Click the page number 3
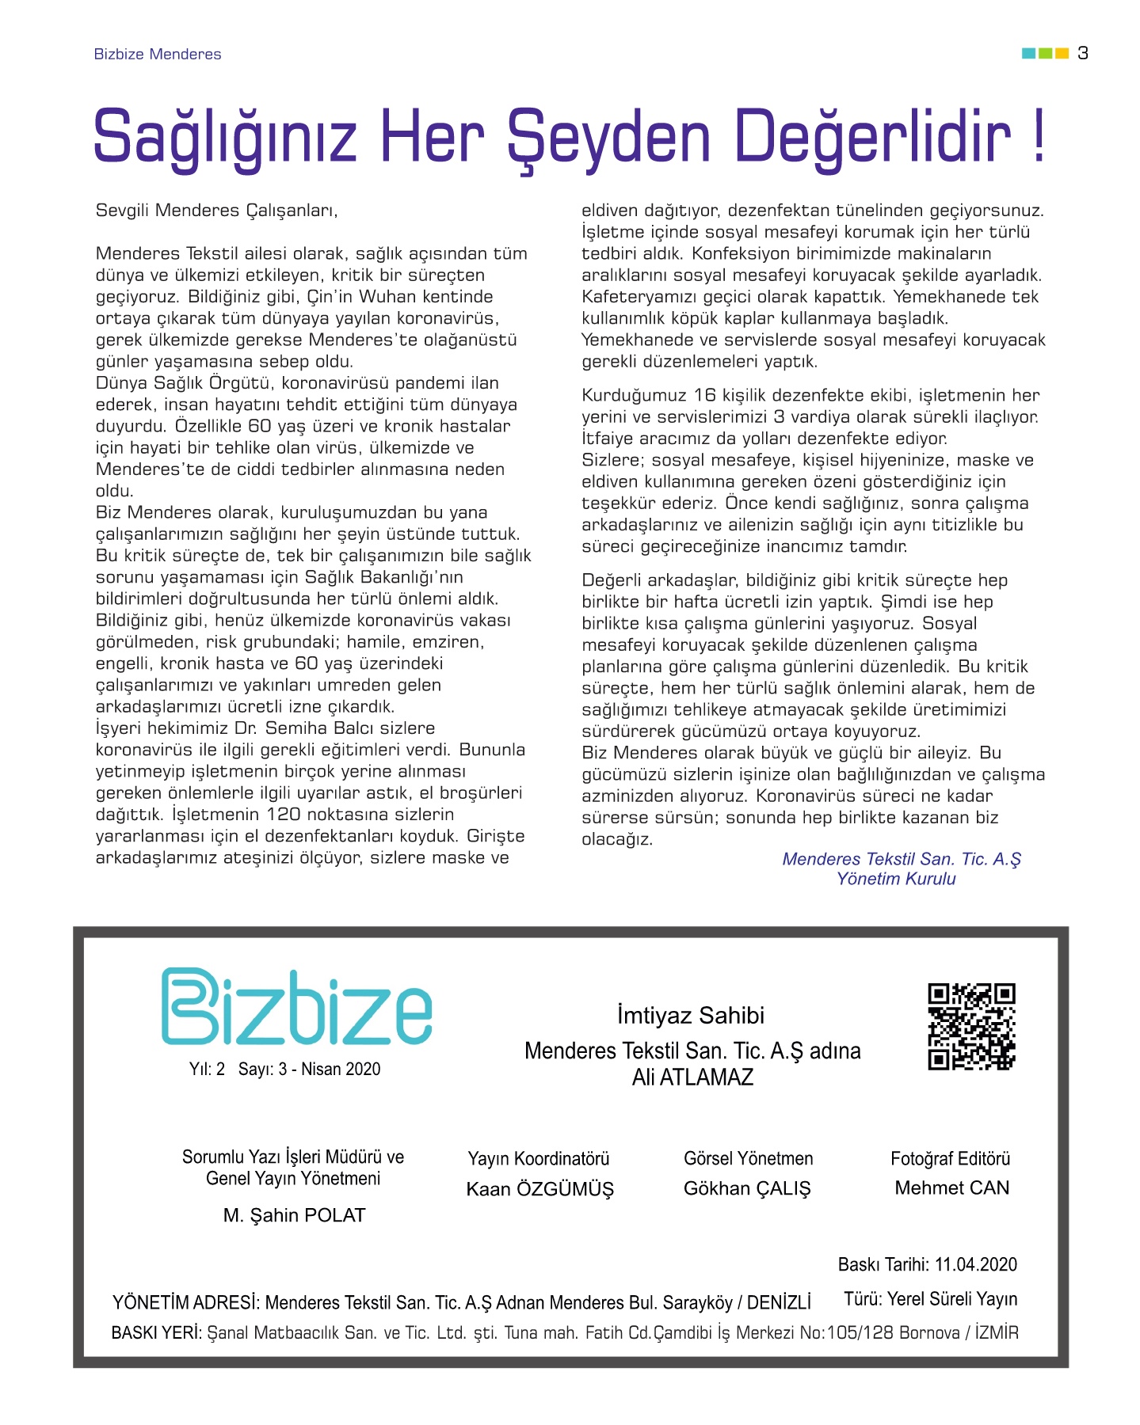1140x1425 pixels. [1083, 53]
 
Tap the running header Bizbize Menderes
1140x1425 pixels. [158, 54]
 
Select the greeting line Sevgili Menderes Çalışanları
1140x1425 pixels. [216, 211]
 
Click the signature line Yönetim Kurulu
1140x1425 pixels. [896, 879]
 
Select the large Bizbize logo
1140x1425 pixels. [296, 1006]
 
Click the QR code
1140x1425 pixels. [971, 1027]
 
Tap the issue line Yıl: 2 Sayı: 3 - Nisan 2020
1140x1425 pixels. [284, 1070]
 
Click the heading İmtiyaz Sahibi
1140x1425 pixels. [691, 1016]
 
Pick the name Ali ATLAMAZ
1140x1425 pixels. [692, 1077]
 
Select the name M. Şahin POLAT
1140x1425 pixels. [294, 1215]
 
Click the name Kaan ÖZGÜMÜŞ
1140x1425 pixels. [539, 1189]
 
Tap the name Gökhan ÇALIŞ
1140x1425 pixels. [747, 1188]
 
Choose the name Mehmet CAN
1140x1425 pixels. [951, 1187]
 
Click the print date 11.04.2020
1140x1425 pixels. [975, 1264]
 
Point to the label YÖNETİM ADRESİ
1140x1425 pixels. [185, 1303]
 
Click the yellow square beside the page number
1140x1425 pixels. [1062, 53]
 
